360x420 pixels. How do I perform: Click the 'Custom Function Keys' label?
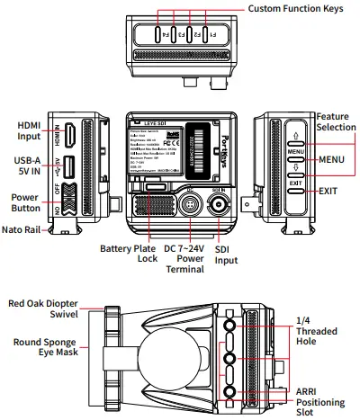point(296,8)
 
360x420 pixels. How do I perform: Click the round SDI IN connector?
point(219,207)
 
